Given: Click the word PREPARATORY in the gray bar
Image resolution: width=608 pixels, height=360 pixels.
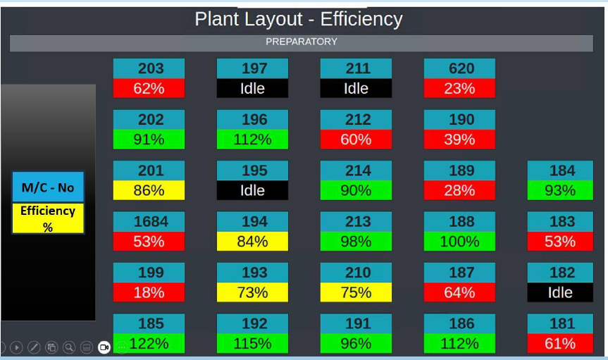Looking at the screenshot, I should pyautogui.click(x=301, y=42).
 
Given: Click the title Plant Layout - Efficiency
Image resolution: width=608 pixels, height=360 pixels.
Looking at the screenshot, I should pyautogui.click(x=299, y=19).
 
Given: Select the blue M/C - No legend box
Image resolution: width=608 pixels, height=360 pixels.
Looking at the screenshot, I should pyautogui.click(x=48, y=187).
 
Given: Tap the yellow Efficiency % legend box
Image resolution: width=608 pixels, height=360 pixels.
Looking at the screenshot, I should pyautogui.click(x=48, y=218).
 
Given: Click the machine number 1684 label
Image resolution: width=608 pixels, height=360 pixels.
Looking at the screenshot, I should pyautogui.click(x=149, y=222).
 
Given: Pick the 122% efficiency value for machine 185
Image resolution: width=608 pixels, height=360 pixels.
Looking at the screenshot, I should pyautogui.click(x=149, y=344).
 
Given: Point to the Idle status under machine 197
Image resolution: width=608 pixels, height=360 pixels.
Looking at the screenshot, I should pyautogui.click(x=252, y=88).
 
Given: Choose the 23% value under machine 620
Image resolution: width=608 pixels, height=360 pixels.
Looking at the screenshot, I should pyautogui.click(x=459, y=88).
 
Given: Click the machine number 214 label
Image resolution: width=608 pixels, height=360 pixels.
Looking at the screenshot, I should pyautogui.click(x=356, y=170).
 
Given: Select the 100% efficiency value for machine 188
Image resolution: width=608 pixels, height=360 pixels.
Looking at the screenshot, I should pyautogui.click(x=459, y=242).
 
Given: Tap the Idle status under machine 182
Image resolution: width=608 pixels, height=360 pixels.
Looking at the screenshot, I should pyautogui.click(x=560, y=292).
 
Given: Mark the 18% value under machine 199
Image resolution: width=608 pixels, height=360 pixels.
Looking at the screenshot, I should pyautogui.click(x=149, y=292).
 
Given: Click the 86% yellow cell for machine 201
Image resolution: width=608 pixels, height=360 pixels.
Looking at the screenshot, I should pyautogui.click(x=149, y=190).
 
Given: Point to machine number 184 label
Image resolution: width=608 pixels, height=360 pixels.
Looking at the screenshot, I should pyautogui.click(x=560, y=170).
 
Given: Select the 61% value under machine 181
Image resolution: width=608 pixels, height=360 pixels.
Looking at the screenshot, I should pyautogui.click(x=560, y=344).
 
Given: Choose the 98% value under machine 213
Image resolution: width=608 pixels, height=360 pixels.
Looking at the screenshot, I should pyautogui.click(x=356, y=242).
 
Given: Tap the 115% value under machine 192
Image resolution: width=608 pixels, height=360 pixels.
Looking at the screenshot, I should pyautogui.click(x=252, y=344).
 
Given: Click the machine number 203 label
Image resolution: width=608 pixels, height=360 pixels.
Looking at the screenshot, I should pyautogui.click(x=149, y=68).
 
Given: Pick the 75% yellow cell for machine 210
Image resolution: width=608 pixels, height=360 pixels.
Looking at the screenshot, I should pyautogui.click(x=356, y=292).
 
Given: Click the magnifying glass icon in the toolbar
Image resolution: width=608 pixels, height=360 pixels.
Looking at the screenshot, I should pyautogui.click(x=69, y=347).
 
